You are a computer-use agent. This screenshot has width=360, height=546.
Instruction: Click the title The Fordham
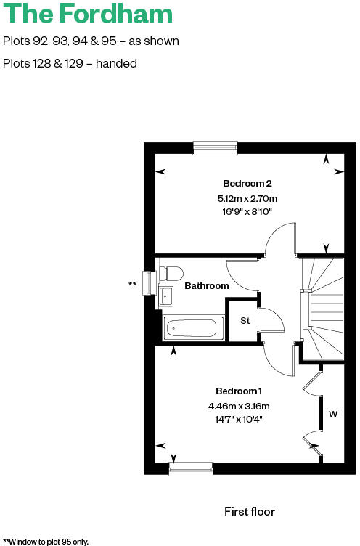pyautogui.click(x=88, y=15)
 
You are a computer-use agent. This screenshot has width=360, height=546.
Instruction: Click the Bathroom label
pyautogui.click(x=206, y=285)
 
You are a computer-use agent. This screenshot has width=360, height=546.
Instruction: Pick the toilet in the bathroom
pyautogui.click(x=171, y=274)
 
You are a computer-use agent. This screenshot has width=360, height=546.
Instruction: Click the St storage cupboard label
pyautogui.click(x=245, y=320)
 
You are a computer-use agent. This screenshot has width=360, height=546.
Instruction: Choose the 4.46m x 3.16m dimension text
pyautogui.click(x=238, y=406)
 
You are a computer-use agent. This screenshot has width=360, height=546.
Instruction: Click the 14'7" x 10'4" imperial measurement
pyautogui.click(x=238, y=419)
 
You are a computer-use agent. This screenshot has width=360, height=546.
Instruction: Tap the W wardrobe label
pyautogui.click(x=333, y=415)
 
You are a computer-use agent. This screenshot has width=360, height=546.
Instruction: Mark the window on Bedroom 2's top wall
pyautogui.click(x=216, y=147)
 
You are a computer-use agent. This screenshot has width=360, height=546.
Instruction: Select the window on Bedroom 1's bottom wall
pyautogui.click(x=191, y=469)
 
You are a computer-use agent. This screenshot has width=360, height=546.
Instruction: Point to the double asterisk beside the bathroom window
pyautogui.click(x=132, y=284)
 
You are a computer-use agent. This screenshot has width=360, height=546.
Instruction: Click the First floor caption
pyautogui.click(x=250, y=512)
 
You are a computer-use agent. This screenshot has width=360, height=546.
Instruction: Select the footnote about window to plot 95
pyautogui.click(x=46, y=541)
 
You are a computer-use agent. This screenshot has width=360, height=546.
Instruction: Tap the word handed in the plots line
pyautogui.click(x=118, y=63)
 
